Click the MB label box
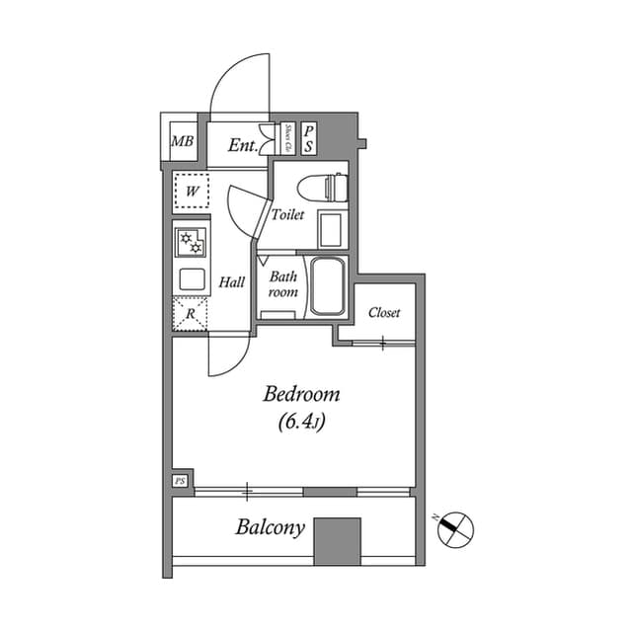click(x=182, y=142)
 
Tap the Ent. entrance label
click(x=242, y=145)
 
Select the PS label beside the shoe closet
click(x=309, y=139)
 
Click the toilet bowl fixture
click(x=325, y=186)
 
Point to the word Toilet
click(x=288, y=214)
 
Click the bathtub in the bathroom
click(x=326, y=285)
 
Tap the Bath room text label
click(x=283, y=284)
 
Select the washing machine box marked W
click(x=193, y=191)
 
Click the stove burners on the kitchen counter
click(x=192, y=243)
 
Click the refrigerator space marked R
click(x=192, y=314)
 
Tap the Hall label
click(x=232, y=282)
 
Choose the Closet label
click(x=384, y=313)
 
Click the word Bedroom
click(x=301, y=395)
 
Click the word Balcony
click(x=270, y=527)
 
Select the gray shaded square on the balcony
click(x=337, y=538)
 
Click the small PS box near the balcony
click(x=181, y=481)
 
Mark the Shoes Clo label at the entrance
click(x=287, y=139)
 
